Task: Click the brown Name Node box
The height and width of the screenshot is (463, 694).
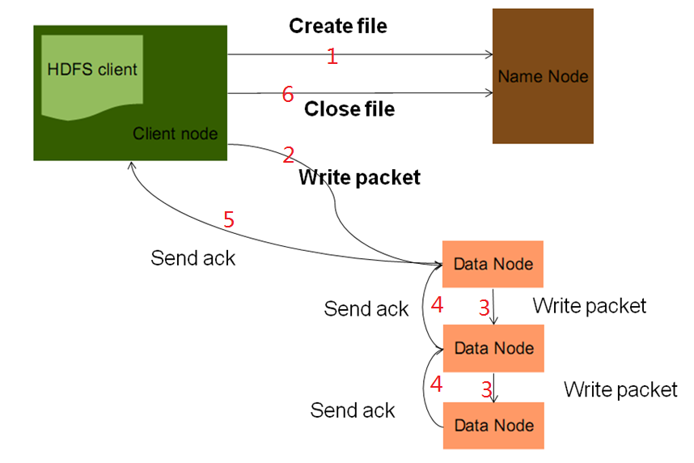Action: tap(543, 76)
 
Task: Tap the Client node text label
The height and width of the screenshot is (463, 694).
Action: tap(175, 134)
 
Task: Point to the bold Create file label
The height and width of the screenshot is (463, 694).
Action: tap(338, 26)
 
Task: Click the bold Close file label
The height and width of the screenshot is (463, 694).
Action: tap(349, 108)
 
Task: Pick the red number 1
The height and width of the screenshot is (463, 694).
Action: tap(331, 56)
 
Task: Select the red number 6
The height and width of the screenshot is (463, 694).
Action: tap(287, 95)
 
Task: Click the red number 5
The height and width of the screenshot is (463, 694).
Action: tap(229, 219)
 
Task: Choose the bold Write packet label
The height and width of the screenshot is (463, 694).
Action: tap(360, 177)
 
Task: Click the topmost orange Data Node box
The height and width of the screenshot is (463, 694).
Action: tap(493, 264)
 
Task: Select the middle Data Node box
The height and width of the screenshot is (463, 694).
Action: tap(493, 348)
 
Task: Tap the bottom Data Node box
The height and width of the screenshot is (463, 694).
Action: tap(493, 425)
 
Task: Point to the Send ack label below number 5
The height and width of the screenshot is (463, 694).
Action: tap(193, 258)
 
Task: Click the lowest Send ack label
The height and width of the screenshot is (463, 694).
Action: tap(353, 410)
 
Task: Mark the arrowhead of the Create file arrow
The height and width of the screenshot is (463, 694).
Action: tap(489, 55)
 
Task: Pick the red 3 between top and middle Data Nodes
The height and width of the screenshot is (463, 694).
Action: tap(484, 308)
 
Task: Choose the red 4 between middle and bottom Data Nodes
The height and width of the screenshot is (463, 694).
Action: tap(437, 384)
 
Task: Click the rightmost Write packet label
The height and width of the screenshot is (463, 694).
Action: tap(620, 390)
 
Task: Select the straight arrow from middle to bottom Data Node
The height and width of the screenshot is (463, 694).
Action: tap(494, 386)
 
